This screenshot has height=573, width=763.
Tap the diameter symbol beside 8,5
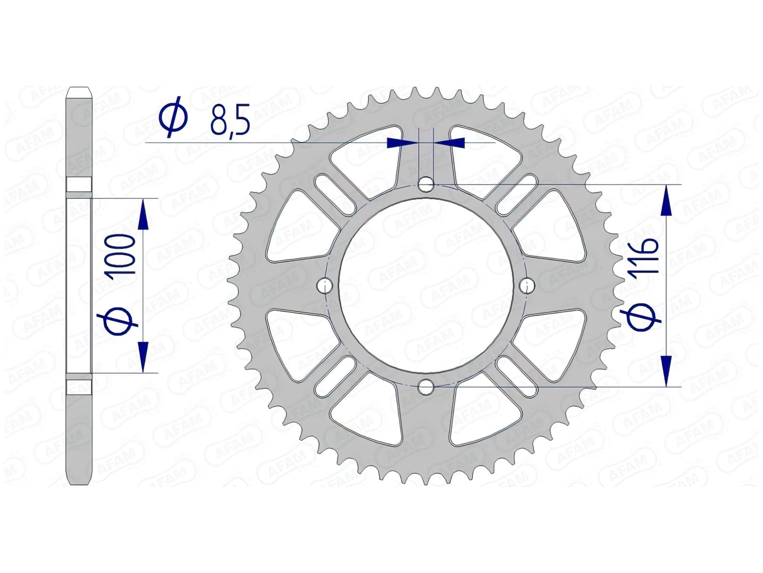(x=174, y=117)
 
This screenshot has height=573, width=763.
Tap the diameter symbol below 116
(x=641, y=317)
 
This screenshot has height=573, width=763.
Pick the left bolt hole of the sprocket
(x=325, y=285)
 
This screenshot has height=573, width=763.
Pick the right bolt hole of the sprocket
(x=528, y=285)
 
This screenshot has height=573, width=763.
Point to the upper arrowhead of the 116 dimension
(x=666, y=201)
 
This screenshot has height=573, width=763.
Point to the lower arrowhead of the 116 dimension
(x=666, y=371)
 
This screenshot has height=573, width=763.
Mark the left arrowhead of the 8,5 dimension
(x=401, y=143)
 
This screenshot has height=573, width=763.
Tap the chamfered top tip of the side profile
(x=79, y=93)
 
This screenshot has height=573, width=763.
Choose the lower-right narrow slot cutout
(x=517, y=376)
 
